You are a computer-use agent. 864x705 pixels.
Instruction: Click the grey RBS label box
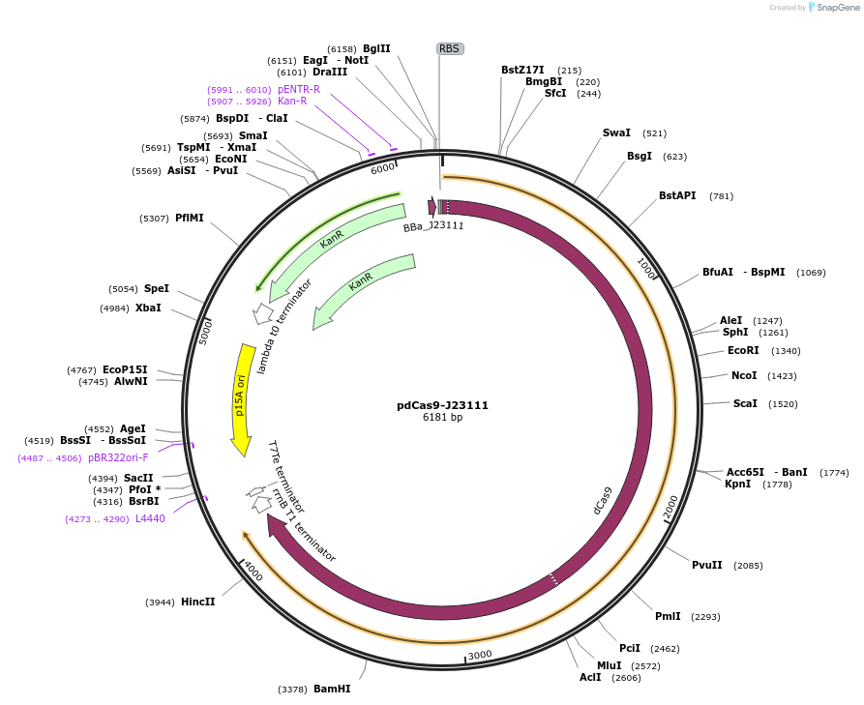tap(450, 48)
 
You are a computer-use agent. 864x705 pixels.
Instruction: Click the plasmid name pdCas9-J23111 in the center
tap(442, 405)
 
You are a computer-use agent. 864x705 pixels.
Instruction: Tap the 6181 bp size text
tap(442, 418)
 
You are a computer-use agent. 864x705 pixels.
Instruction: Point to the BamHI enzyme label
tap(332, 689)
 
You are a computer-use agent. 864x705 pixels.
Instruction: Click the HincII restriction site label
tap(197, 602)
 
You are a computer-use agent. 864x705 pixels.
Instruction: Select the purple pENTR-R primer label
tap(298, 89)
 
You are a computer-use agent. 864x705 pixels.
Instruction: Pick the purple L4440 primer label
tap(150, 518)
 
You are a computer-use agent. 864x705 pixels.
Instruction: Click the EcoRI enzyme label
tap(743, 351)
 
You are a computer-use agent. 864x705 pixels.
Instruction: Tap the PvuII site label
tap(706, 565)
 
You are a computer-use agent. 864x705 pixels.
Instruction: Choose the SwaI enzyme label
tap(616, 132)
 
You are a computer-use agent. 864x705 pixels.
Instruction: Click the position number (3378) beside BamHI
tap(292, 690)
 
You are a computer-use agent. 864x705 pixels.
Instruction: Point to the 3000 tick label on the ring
tap(480, 655)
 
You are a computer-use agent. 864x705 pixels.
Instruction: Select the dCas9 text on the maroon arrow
tap(603, 502)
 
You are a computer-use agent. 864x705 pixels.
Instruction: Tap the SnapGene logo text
tap(838, 8)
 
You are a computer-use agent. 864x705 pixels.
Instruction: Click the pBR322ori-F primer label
tap(118, 457)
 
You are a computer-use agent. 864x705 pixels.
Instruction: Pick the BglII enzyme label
tap(376, 48)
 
